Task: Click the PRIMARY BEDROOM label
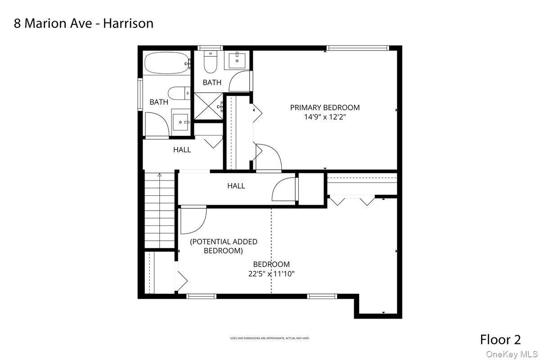[324, 108]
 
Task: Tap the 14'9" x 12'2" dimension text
[324, 117]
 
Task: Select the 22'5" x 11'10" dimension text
[271, 274]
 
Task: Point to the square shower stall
[208, 106]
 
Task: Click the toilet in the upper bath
[210, 63]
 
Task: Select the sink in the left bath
[180, 121]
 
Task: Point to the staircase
[159, 209]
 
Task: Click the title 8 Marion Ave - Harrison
[84, 23]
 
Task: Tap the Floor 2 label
[500, 339]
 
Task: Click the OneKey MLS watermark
[512, 354]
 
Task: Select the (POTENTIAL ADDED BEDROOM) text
[223, 246]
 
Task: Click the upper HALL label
[182, 150]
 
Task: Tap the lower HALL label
[236, 185]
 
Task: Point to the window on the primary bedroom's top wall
[357, 48]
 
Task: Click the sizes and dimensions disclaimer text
[270, 338]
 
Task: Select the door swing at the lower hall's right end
[284, 190]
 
